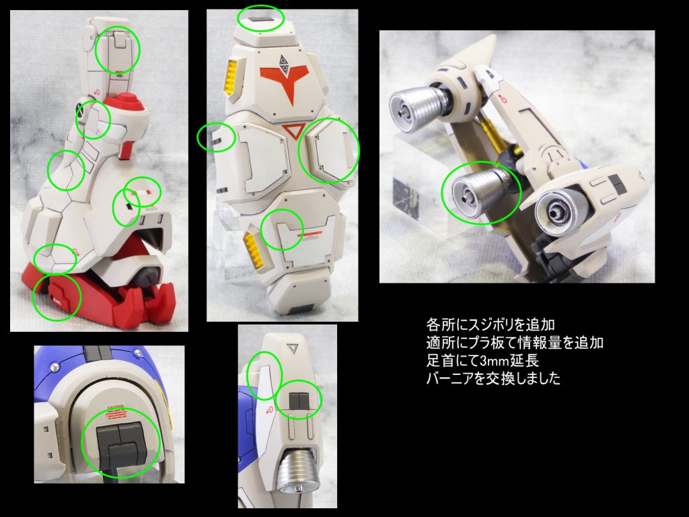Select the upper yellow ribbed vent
pyautogui.click(x=231, y=76)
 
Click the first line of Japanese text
pyautogui.click(x=491, y=325)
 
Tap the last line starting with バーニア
pyautogui.click(x=493, y=378)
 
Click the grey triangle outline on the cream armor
pyautogui.click(x=292, y=349)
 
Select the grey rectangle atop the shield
pyautogui.click(x=260, y=20)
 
